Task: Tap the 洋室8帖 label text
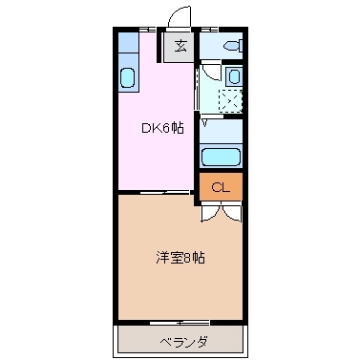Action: tap(180, 258)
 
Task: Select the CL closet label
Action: tap(221, 187)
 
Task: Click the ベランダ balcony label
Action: tap(179, 342)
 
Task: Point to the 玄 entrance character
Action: tap(181, 45)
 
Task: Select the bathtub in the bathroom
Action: tap(220, 157)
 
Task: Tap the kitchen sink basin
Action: tap(128, 79)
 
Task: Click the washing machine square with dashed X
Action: tap(229, 99)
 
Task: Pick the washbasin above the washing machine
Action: tap(234, 75)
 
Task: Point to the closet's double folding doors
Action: tap(220, 212)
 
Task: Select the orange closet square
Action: tap(221, 187)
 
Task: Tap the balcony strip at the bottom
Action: tap(179, 341)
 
